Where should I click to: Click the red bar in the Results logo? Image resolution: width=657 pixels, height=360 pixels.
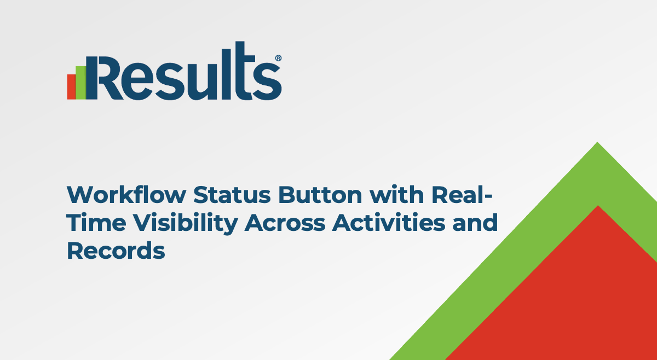point(71,87)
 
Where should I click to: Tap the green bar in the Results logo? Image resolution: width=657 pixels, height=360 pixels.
point(81,83)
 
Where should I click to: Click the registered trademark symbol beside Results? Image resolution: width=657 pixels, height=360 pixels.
point(278,58)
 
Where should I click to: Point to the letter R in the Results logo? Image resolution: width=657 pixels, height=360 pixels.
point(105,78)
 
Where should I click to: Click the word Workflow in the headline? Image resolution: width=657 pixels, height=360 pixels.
point(126,194)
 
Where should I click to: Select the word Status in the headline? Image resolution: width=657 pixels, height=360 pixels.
point(232,195)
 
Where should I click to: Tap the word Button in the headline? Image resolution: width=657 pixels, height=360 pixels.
point(320,195)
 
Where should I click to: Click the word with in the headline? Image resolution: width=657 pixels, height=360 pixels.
point(397,194)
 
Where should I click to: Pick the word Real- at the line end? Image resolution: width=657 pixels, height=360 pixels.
point(462,194)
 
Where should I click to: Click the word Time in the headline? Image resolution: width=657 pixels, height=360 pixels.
point(96,223)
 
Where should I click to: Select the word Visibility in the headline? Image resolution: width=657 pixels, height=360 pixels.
point(186,224)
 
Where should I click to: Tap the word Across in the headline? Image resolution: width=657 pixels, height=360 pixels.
point(285,223)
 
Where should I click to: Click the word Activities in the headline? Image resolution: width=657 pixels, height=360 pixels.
point(389,223)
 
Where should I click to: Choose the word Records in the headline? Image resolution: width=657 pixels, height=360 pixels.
point(116,251)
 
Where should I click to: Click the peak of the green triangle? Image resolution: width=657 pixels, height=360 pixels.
point(597,142)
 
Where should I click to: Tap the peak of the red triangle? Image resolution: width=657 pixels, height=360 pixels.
point(598,206)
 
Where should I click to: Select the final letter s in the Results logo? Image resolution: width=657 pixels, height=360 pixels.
point(268,82)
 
